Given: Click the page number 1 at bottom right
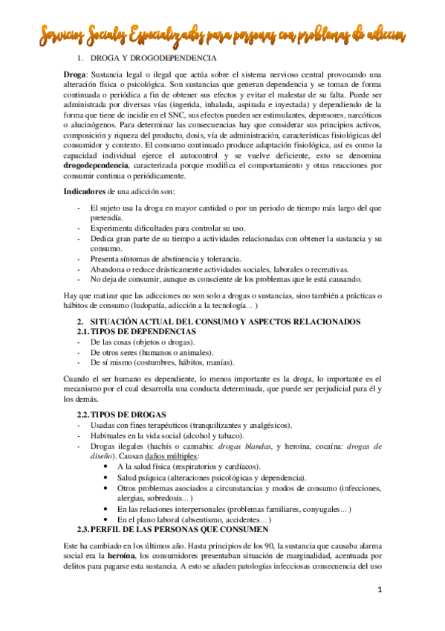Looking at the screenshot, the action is (x=379, y=590).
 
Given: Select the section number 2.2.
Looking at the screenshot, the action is (x=85, y=414).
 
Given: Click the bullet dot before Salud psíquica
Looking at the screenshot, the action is (x=110, y=476).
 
